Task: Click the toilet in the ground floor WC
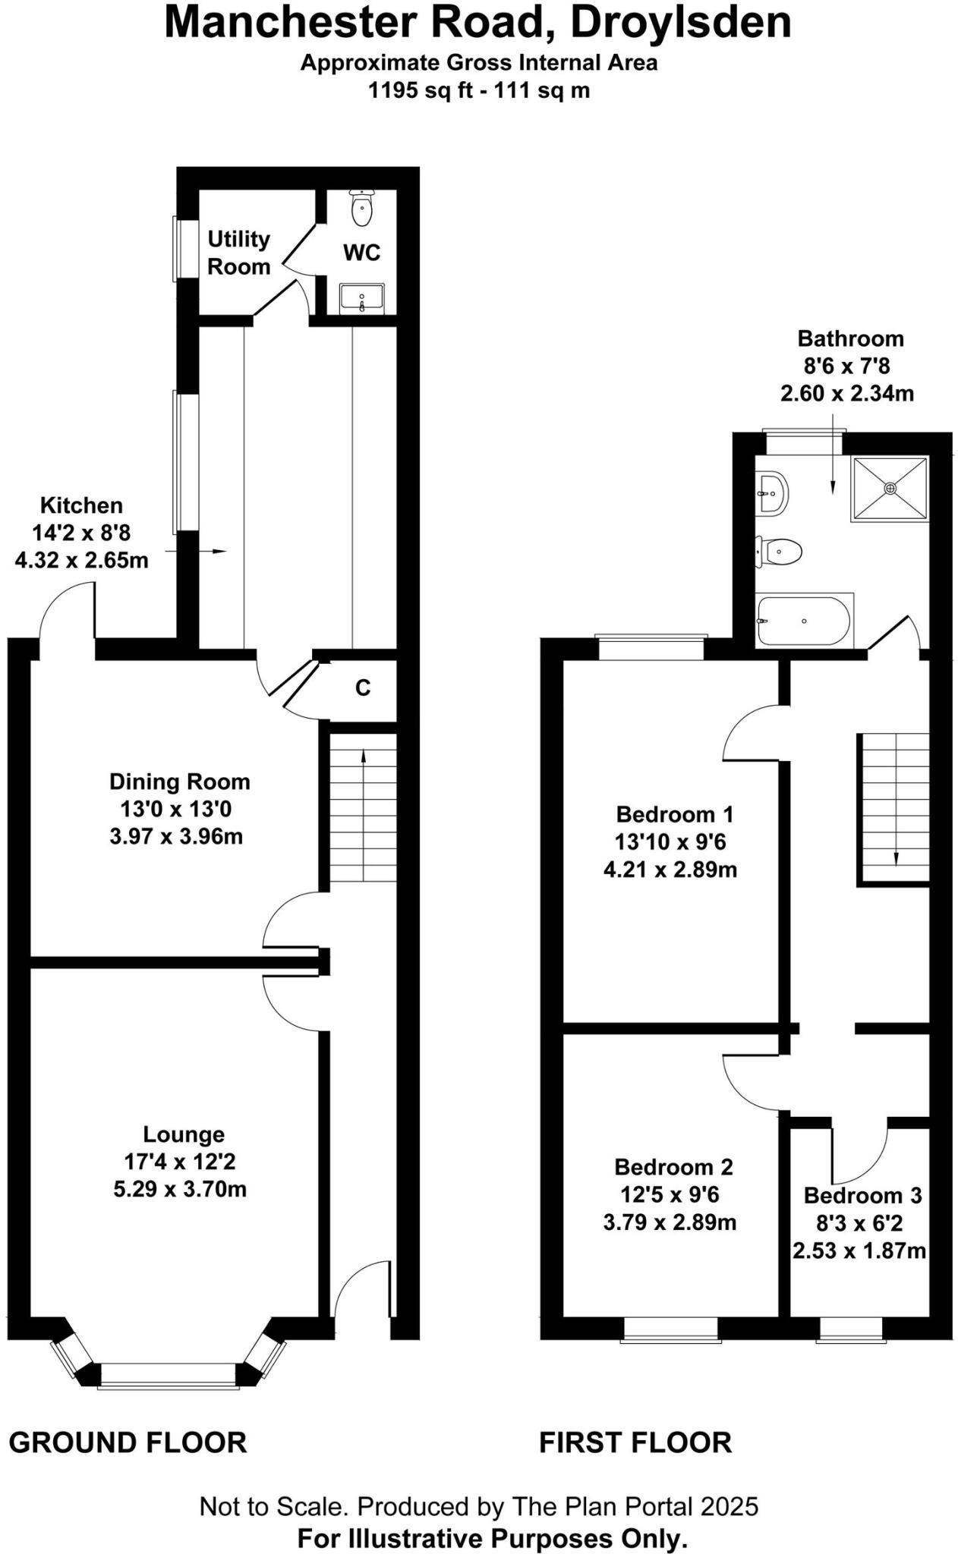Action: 362,207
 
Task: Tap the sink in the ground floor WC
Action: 362,297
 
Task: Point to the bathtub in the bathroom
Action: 805,621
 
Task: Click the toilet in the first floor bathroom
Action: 779,551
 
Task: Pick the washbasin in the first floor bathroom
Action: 772,493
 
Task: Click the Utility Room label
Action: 239,253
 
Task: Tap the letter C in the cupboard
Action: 363,687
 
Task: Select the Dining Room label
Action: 180,782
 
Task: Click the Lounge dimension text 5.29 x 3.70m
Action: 181,1188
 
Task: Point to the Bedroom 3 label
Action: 862,1195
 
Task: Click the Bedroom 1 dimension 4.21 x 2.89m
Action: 670,870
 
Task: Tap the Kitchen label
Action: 81,505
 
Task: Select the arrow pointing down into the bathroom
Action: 833,454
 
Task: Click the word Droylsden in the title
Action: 681,22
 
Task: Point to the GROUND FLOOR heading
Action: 128,1442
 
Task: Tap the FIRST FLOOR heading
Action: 635,1442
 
